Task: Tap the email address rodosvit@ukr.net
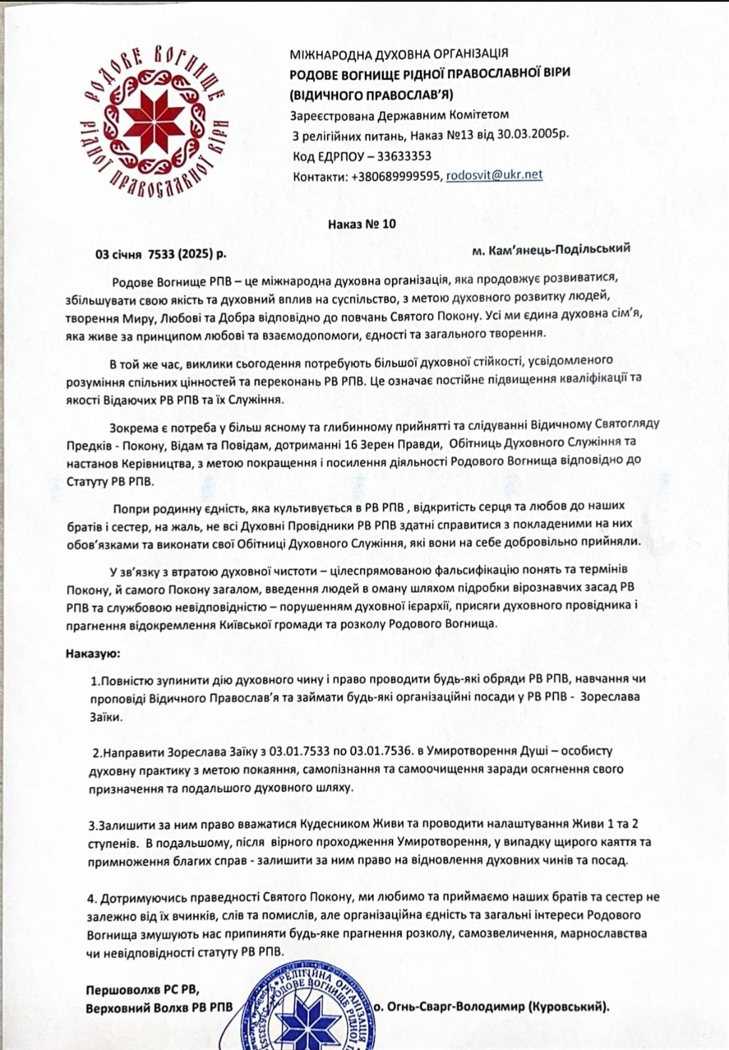click(494, 175)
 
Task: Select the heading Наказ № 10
click(362, 224)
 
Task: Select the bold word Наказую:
click(93, 654)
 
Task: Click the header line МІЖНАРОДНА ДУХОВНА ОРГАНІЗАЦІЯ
click(399, 53)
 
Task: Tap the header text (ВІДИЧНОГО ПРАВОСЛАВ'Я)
click(372, 94)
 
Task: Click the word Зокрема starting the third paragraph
click(129, 425)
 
